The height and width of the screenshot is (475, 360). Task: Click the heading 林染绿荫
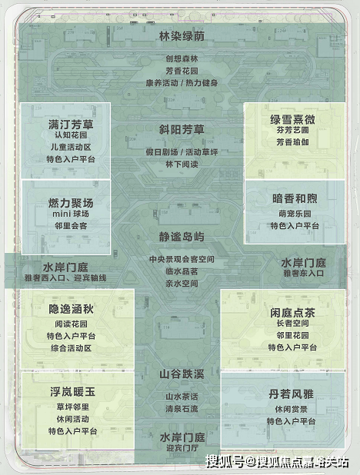click(182, 36)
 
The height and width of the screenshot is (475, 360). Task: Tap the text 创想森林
click(182, 58)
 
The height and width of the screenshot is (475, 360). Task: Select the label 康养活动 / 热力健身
click(182, 83)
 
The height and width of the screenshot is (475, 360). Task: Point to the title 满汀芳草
click(71, 125)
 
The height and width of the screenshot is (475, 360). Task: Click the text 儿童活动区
click(71, 148)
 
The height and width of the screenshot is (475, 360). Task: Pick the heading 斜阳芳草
click(182, 130)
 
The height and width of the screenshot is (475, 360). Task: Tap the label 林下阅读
click(182, 164)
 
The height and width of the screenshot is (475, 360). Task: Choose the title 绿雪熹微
click(292, 120)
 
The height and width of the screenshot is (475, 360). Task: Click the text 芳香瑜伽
click(292, 142)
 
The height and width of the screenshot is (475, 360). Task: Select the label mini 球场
click(71, 214)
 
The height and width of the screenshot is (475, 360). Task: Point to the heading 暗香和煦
click(295, 199)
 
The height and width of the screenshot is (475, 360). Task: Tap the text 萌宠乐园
click(295, 214)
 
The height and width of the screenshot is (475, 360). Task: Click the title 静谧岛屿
click(182, 237)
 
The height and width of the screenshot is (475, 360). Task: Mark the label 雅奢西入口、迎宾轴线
click(65, 278)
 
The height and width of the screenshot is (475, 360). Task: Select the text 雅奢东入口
click(303, 274)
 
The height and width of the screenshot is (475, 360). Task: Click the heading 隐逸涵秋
click(71, 309)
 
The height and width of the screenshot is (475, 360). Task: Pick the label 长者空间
click(292, 324)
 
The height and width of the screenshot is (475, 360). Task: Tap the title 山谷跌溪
click(182, 374)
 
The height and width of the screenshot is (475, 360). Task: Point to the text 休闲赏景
click(291, 409)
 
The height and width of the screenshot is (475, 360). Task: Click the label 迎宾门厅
click(182, 448)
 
